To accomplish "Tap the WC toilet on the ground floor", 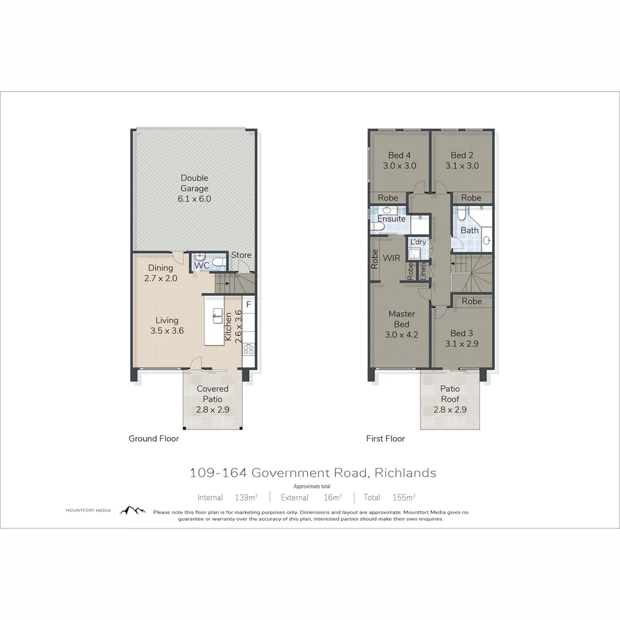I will point(218,262).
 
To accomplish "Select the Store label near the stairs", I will point(241,255).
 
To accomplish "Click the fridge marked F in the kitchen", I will point(249,304).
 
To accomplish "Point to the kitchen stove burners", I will point(249,348).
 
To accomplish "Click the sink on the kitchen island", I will point(218,313).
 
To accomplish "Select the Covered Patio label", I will point(212,399).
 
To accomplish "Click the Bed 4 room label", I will point(400,160).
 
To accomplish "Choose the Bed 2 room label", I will point(462,160).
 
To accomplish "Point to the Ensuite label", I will point(392,219).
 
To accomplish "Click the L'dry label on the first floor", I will point(418,242).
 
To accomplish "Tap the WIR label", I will point(392,258).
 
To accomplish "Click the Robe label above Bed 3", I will point(472,301).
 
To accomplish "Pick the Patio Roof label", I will point(450,399).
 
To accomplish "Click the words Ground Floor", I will point(154,439).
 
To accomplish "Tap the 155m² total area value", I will point(404,497).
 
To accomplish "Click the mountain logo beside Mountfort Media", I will point(133,510).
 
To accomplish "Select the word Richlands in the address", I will point(405,473).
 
